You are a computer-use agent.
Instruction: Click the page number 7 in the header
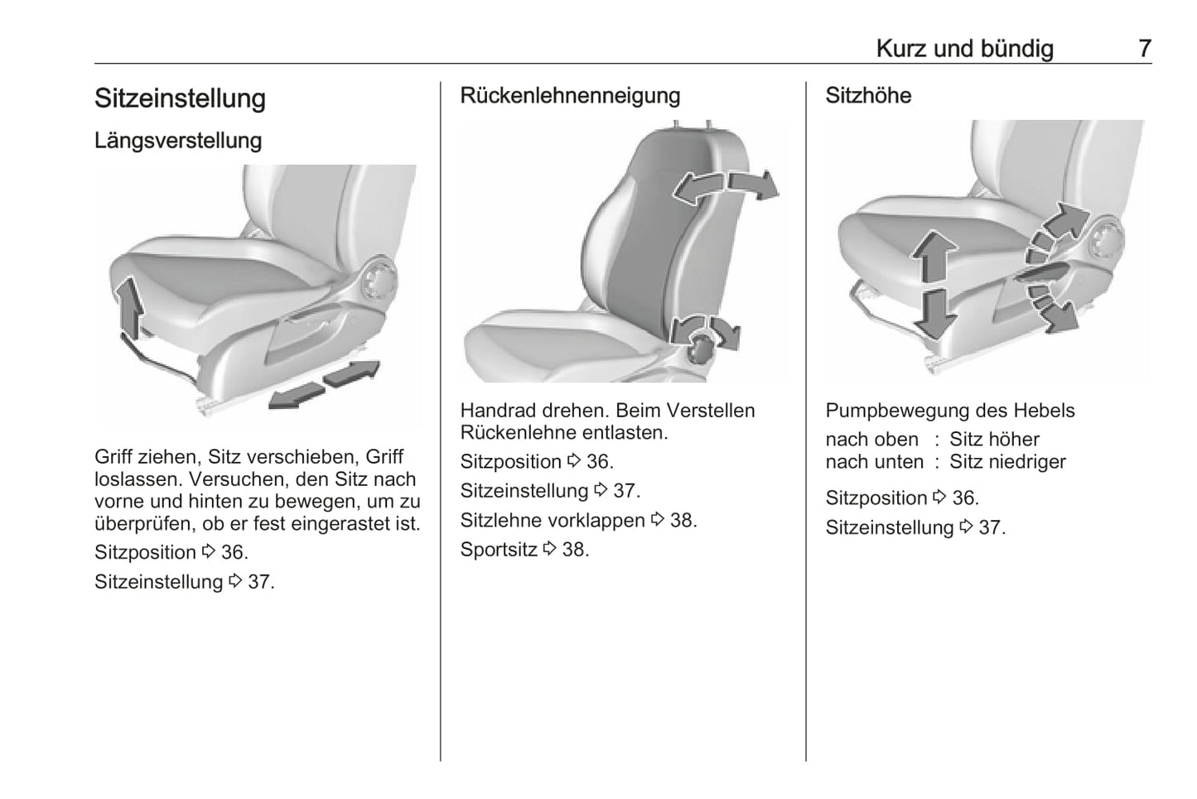click(x=1144, y=48)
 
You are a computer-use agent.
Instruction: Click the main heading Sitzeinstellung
click(x=180, y=98)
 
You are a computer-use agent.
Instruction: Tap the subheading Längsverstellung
click(x=178, y=140)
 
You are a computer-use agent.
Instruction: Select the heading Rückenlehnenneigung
click(x=570, y=95)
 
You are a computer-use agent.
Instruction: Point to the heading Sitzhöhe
click(x=868, y=95)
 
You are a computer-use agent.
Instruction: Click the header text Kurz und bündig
click(x=964, y=48)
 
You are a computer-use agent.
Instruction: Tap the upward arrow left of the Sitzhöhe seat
click(x=934, y=258)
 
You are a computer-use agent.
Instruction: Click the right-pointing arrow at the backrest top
click(x=754, y=184)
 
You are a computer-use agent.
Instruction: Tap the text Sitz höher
click(x=994, y=439)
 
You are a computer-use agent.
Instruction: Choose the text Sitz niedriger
click(x=1007, y=461)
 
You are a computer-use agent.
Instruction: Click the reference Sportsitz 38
click(x=524, y=549)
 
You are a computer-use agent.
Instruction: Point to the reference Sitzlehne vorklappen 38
click(x=578, y=520)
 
